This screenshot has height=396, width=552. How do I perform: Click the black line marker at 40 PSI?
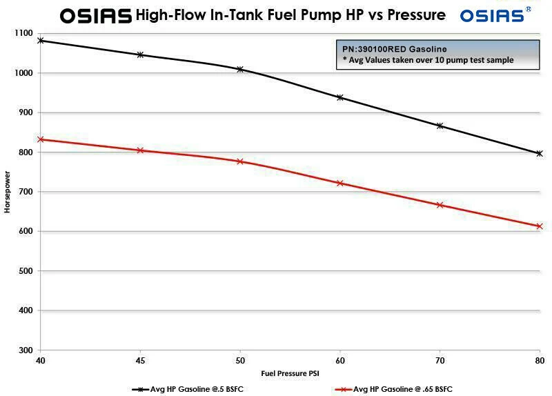click(40, 41)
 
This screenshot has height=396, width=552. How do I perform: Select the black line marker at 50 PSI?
click(240, 69)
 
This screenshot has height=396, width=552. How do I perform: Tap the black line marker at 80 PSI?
click(540, 153)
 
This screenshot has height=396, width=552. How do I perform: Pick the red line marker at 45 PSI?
click(140, 150)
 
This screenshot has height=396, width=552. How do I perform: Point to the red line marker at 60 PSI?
click(339, 183)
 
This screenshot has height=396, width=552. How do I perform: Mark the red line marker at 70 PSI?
click(440, 205)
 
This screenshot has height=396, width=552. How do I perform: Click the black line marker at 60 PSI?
click(339, 97)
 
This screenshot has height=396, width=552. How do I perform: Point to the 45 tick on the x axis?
click(140, 361)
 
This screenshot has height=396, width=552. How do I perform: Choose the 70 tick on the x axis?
click(440, 361)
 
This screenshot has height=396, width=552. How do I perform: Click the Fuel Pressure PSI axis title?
click(290, 373)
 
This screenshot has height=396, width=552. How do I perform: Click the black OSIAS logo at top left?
click(95, 15)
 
